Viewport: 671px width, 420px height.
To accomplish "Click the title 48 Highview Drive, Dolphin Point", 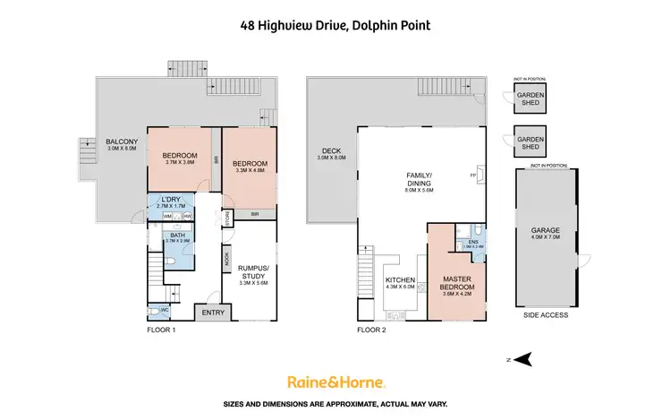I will (335, 26).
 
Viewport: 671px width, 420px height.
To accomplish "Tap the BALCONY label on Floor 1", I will (122, 141).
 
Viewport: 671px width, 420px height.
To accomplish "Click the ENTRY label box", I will (213, 312).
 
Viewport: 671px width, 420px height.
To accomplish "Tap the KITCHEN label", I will (399, 280).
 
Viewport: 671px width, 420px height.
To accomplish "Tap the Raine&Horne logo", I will (335, 382).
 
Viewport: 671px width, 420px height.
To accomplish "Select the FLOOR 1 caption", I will (161, 330).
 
